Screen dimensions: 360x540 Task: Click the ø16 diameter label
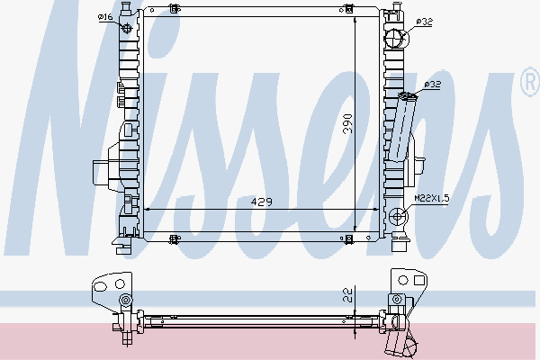coord(104,16)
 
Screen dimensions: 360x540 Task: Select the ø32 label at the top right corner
coord(425,22)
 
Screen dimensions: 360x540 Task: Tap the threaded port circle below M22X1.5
coord(399,216)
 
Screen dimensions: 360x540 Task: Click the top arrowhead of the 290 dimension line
coord(359,17)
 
